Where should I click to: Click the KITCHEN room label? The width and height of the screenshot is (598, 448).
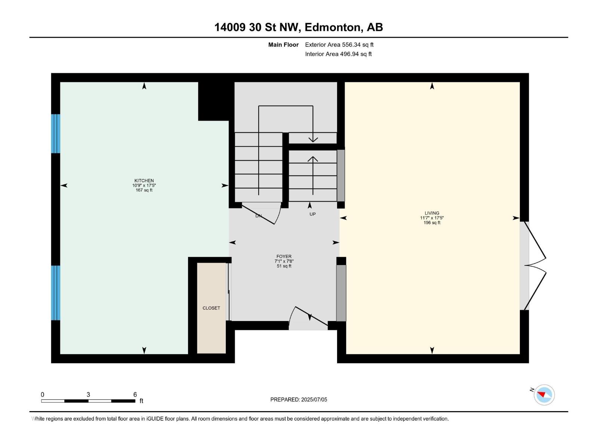(144, 180)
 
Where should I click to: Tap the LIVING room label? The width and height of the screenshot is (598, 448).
(432, 213)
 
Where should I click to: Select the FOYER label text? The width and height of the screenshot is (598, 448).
(284, 256)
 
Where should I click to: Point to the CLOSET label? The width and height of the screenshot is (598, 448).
(211, 308)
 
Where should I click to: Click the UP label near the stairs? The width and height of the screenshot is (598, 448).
(312, 214)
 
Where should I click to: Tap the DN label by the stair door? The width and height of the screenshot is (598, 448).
(259, 216)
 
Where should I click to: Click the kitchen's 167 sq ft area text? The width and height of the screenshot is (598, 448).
(144, 190)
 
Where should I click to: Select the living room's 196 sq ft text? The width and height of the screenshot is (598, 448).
(432, 223)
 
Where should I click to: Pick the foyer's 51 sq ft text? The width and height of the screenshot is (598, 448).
(284, 266)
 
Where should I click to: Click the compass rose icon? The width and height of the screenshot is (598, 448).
(544, 395)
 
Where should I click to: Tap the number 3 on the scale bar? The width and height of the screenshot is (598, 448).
(88, 394)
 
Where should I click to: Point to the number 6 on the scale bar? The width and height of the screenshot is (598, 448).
(135, 394)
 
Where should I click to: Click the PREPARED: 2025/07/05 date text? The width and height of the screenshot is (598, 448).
(299, 399)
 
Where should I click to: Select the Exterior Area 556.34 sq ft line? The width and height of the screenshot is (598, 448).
(339, 44)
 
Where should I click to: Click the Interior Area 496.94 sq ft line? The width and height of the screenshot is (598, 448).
(338, 54)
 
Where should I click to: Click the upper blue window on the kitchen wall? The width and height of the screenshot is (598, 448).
(56, 134)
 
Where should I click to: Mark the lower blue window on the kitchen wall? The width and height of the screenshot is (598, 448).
(56, 293)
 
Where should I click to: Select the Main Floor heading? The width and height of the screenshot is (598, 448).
(283, 44)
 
